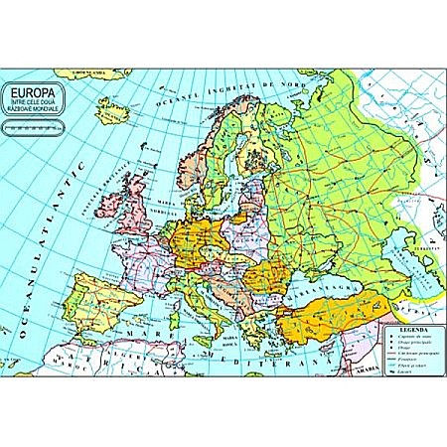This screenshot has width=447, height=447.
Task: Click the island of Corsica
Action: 167,307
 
